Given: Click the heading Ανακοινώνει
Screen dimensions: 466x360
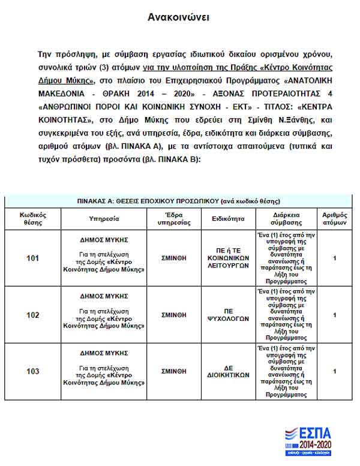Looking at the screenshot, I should point(178,17).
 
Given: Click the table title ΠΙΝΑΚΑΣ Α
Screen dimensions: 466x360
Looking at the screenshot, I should point(179,201).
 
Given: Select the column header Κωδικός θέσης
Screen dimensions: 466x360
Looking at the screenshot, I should point(33,218).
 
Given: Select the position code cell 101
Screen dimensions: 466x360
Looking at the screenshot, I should point(33,258).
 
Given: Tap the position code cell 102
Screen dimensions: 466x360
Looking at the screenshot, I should point(33,315).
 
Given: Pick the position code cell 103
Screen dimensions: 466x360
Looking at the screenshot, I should point(33,371).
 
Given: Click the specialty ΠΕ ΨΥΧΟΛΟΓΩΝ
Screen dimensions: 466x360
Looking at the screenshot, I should point(227,315).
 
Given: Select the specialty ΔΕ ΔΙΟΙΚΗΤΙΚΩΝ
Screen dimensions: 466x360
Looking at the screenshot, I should point(227,371).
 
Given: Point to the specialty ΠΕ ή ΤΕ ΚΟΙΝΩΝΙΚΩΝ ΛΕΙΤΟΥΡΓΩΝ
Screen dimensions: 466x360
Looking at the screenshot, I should point(227,258).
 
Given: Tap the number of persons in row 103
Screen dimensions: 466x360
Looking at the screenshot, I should point(334,371).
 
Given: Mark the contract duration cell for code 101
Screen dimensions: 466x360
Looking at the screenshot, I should point(282,258).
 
